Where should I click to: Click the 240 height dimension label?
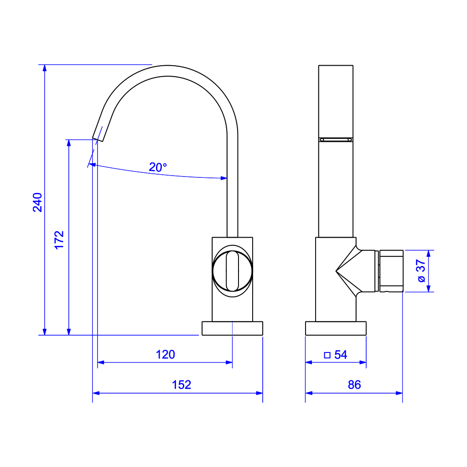pyautogui.click(x=37, y=202)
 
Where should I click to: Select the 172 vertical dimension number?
pyautogui.click(x=59, y=240)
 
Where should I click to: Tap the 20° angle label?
pyautogui.click(x=158, y=167)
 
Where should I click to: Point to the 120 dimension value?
pyautogui.click(x=165, y=354)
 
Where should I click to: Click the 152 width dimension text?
pyautogui.click(x=182, y=385)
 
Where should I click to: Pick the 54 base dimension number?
pyautogui.click(x=341, y=355)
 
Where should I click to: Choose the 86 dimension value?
pyautogui.click(x=354, y=385)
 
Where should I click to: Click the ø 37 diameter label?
pyautogui.click(x=421, y=270)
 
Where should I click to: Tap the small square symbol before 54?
pyautogui.click(x=327, y=355)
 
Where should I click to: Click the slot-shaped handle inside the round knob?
pyautogui.click(x=232, y=271)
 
